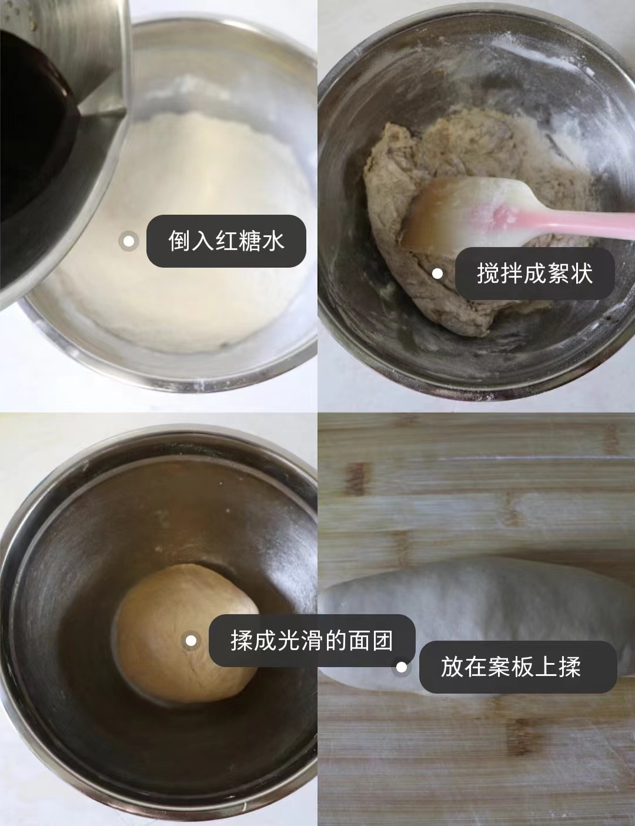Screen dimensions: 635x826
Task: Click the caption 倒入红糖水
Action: [x=226, y=241]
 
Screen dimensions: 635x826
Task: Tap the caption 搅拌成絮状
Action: [x=534, y=274]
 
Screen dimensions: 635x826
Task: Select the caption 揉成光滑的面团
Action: [x=312, y=640]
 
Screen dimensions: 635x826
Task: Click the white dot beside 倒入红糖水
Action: [x=129, y=241]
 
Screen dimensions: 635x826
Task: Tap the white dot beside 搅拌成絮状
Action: [x=437, y=274]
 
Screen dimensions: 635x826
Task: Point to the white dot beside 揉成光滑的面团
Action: [x=191, y=641]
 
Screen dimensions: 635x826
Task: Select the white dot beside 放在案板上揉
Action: [x=402, y=667]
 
